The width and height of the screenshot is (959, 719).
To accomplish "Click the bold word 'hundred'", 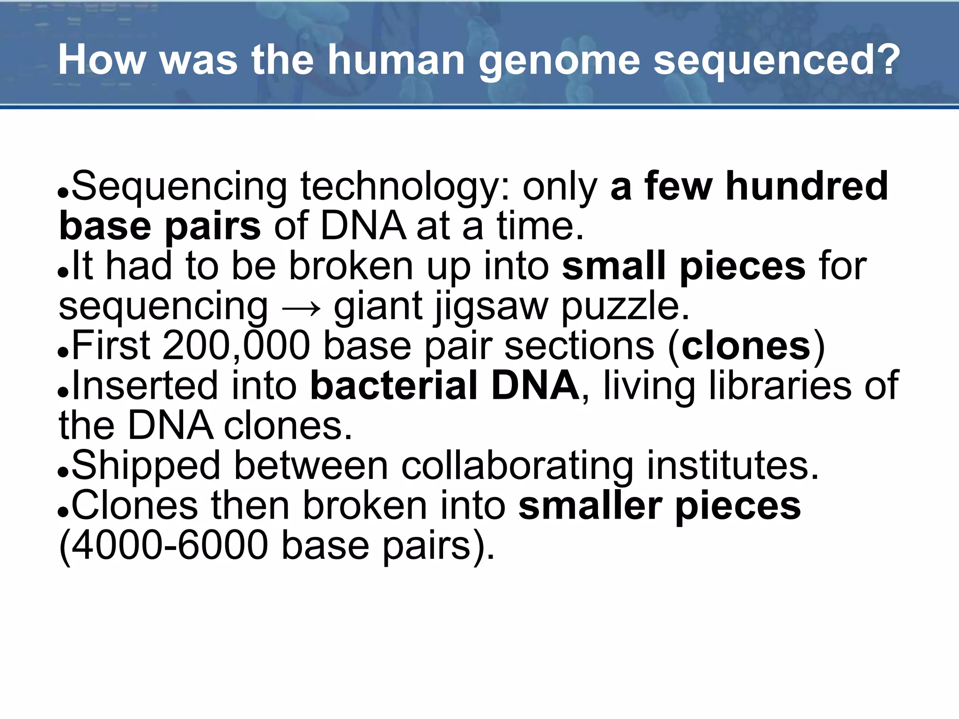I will (x=806, y=186).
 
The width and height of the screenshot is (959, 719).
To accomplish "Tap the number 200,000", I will (x=236, y=346).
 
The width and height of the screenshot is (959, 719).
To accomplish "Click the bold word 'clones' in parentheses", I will (x=746, y=347).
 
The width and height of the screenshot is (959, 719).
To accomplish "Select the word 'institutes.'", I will (x=733, y=466).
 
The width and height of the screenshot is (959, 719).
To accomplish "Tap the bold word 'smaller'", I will (x=590, y=506).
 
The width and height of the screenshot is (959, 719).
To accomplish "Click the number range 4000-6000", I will (x=170, y=546).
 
